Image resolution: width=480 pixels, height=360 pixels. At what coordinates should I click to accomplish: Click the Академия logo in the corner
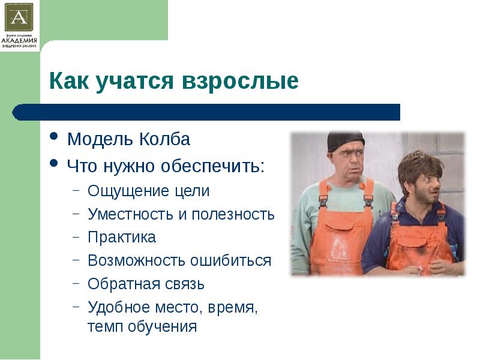[x=19, y=25]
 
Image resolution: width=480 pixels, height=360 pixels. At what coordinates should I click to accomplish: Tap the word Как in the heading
[x=69, y=80]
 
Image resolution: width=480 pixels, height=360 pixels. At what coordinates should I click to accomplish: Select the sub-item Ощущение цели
[x=149, y=191]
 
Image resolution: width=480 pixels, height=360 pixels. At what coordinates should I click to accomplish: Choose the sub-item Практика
[x=122, y=237]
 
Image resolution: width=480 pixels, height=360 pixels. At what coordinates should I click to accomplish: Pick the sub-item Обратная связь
[x=146, y=283]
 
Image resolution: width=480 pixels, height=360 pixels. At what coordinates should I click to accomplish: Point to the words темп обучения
[x=142, y=327]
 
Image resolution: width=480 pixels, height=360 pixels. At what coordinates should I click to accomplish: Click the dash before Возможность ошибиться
[x=76, y=260]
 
